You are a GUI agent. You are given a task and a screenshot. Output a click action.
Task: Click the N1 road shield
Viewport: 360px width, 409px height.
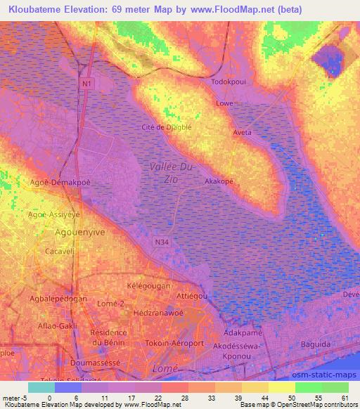[86, 84]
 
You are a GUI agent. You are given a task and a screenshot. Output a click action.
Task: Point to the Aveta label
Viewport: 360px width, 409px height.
[242, 132]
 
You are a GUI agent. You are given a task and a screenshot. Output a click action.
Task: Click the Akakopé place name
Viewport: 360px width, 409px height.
[219, 181]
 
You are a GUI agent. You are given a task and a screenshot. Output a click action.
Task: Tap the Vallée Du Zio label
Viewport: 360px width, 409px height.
[169, 172]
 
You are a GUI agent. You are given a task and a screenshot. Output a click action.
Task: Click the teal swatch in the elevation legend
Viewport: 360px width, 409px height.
[41, 387]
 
